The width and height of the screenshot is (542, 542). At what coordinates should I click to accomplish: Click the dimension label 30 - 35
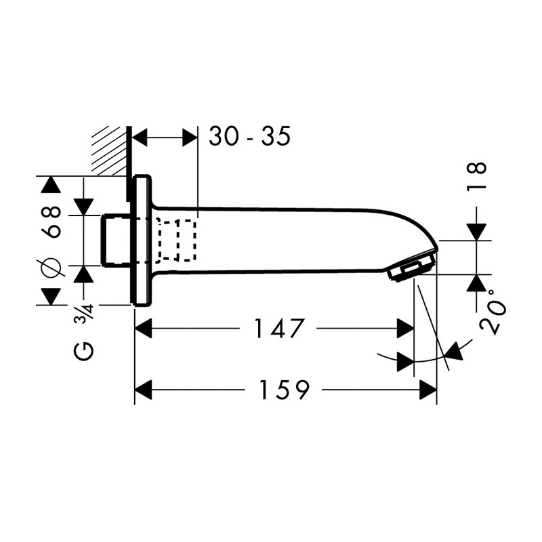(x=249, y=137)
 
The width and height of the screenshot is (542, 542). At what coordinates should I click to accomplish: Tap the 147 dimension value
(x=278, y=329)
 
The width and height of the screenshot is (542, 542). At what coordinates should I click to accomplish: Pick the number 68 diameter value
(x=52, y=222)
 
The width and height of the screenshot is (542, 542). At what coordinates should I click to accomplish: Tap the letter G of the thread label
(x=85, y=351)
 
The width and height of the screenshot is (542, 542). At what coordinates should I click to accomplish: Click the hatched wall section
(x=111, y=150)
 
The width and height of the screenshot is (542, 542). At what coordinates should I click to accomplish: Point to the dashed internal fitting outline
(x=176, y=241)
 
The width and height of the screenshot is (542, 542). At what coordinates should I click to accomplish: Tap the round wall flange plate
(x=142, y=241)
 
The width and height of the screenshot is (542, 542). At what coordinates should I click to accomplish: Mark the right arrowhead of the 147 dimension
(x=405, y=329)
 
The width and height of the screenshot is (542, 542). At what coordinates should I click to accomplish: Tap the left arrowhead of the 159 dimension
(x=144, y=390)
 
